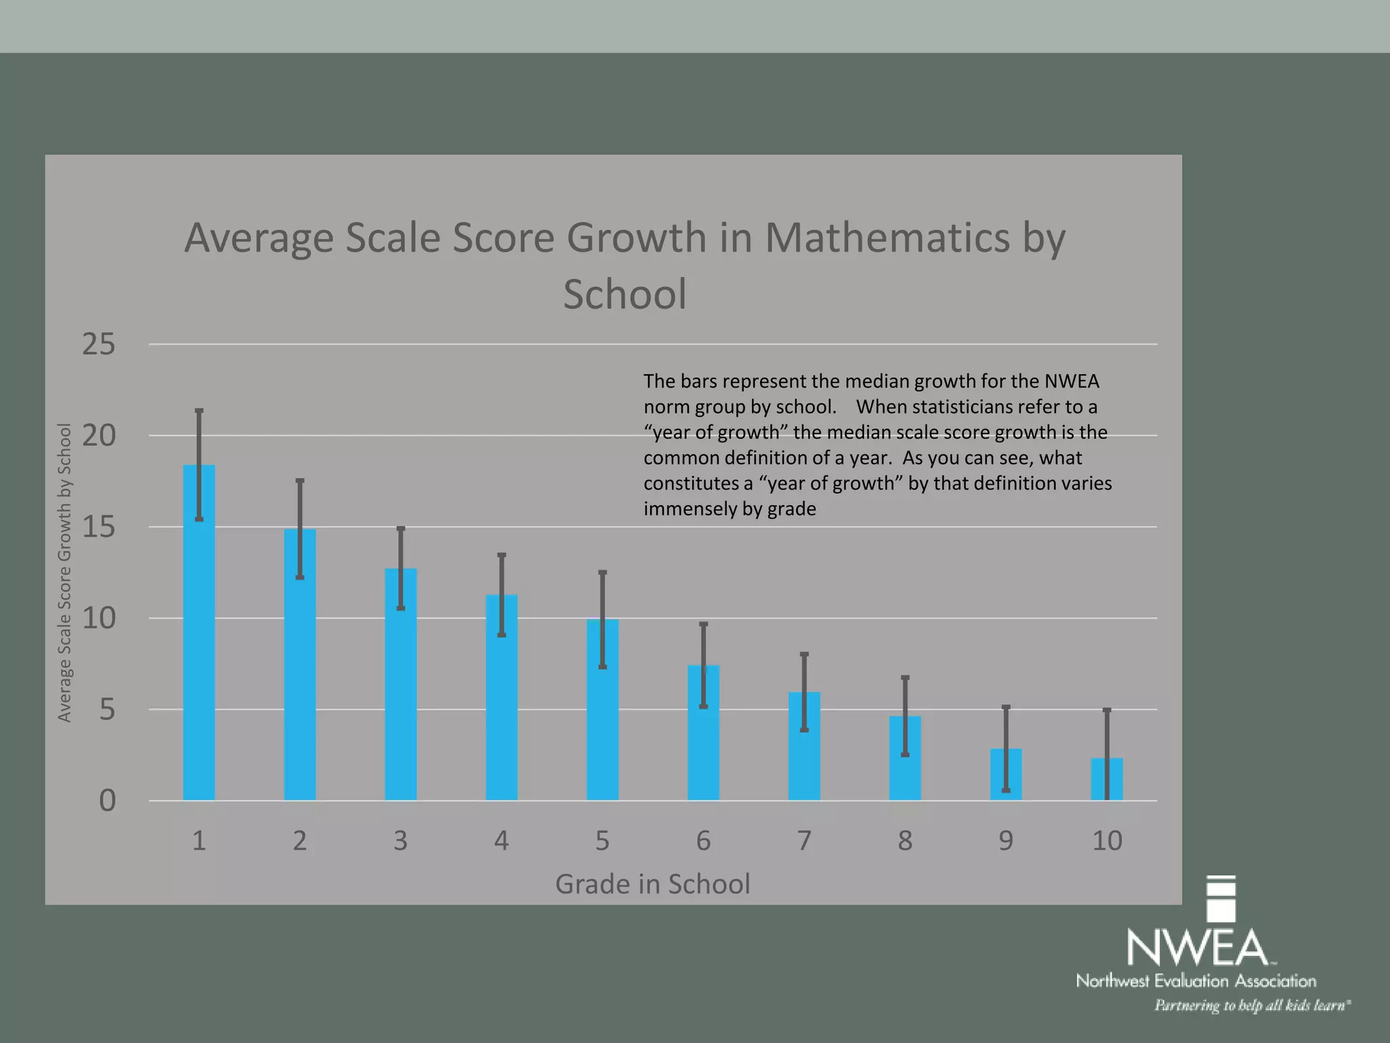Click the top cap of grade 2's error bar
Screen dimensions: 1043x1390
click(x=300, y=481)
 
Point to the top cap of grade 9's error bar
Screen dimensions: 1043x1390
click(x=1006, y=708)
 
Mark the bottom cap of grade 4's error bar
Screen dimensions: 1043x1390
click(x=502, y=635)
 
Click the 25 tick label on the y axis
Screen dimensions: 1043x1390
click(x=99, y=345)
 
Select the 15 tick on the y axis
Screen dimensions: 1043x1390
click(x=99, y=528)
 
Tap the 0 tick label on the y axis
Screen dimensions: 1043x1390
click(x=107, y=801)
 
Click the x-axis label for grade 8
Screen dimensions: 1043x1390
click(x=905, y=841)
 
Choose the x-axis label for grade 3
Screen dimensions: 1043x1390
click(x=400, y=841)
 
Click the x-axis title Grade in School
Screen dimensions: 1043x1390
click(x=652, y=884)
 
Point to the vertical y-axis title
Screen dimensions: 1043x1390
click(x=64, y=572)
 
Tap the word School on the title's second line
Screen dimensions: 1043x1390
click(x=624, y=294)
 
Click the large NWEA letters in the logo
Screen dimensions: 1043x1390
click(x=1197, y=948)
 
